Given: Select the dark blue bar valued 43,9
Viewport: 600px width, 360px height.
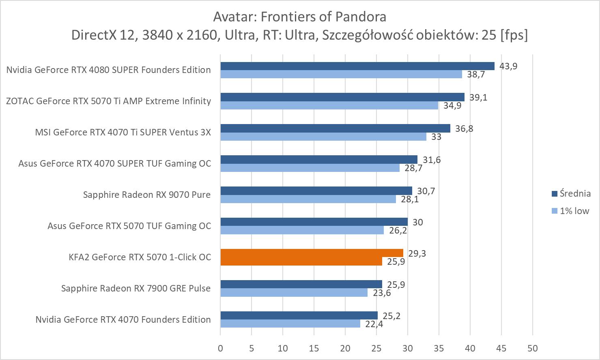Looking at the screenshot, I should coord(357,66).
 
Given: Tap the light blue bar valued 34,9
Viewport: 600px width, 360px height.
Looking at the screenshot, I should coord(329,105).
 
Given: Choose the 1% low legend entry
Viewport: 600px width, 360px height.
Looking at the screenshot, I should coord(570,211).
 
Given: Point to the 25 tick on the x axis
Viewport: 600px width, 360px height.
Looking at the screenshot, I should coord(376,348).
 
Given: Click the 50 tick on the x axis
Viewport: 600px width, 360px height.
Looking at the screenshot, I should coord(533,348).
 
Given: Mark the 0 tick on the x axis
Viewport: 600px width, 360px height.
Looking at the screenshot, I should coord(220,348).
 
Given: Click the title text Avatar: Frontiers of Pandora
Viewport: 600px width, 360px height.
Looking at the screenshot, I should coord(299,17).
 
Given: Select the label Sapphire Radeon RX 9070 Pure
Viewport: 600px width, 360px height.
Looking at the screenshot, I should coord(147,195).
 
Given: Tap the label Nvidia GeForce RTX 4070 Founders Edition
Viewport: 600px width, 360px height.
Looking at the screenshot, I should coord(123,319).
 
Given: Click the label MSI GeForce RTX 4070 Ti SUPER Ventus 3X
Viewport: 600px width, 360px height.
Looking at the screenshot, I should coord(123,132).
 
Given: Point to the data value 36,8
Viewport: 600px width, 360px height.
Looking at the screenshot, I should coord(464,129).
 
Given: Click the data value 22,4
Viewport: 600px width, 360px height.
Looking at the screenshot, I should coord(374,324).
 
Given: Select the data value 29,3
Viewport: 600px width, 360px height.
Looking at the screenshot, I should coord(417,253).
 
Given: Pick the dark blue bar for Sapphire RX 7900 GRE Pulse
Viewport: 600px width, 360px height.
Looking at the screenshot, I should coord(301,284).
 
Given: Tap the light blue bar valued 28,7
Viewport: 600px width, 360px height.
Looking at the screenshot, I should coord(310,168).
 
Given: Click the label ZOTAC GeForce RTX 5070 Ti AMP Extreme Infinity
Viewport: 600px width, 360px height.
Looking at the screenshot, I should coord(108,101).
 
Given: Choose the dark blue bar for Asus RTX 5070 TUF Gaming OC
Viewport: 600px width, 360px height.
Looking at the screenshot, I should coord(314,222).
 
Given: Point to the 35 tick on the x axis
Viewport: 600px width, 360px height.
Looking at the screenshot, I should coord(439,348).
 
